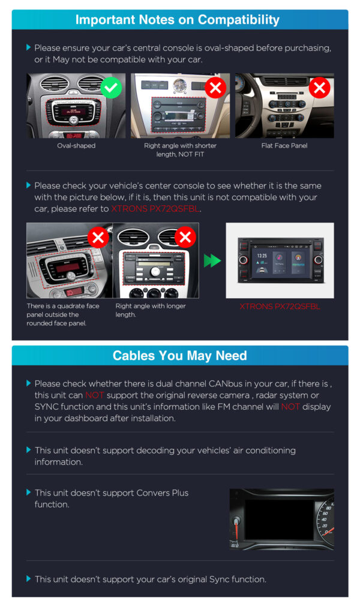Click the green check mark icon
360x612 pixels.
[111, 88]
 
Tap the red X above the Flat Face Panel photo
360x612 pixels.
[319, 88]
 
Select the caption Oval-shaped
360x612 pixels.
[76, 146]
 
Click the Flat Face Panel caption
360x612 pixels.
[284, 146]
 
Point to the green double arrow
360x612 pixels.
[212, 260]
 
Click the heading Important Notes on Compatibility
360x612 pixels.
[177, 20]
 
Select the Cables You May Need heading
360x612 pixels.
[179, 356]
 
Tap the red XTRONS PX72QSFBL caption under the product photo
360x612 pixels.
[280, 307]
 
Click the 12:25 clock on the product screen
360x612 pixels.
[262, 256]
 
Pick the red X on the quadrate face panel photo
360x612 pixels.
[98, 237]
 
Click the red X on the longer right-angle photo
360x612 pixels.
[185, 237]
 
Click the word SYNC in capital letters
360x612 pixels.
[46, 407]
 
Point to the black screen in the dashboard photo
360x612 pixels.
[279, 519]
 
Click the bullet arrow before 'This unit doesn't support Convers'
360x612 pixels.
[29, 493]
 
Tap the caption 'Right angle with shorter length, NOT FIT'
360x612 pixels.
[180, 150]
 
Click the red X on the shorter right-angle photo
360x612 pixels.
[215, 88]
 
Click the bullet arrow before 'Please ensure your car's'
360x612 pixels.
[29, 47]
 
